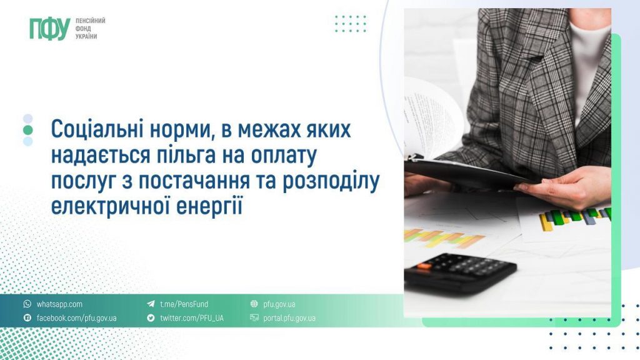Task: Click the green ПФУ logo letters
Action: [49, 29]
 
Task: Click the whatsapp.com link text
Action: [59, 304]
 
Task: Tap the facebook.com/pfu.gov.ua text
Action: [76, 318]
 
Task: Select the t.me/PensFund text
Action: [184, 304]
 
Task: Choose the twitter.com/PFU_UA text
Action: [191, 318]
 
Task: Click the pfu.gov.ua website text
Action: [279, 304]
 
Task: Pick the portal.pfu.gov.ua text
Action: [289, 318]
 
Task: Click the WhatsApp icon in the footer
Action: [27, 304]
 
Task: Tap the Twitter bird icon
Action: [151, 318]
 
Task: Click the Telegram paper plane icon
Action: [151, 304]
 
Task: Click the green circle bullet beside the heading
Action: [27, 129]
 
